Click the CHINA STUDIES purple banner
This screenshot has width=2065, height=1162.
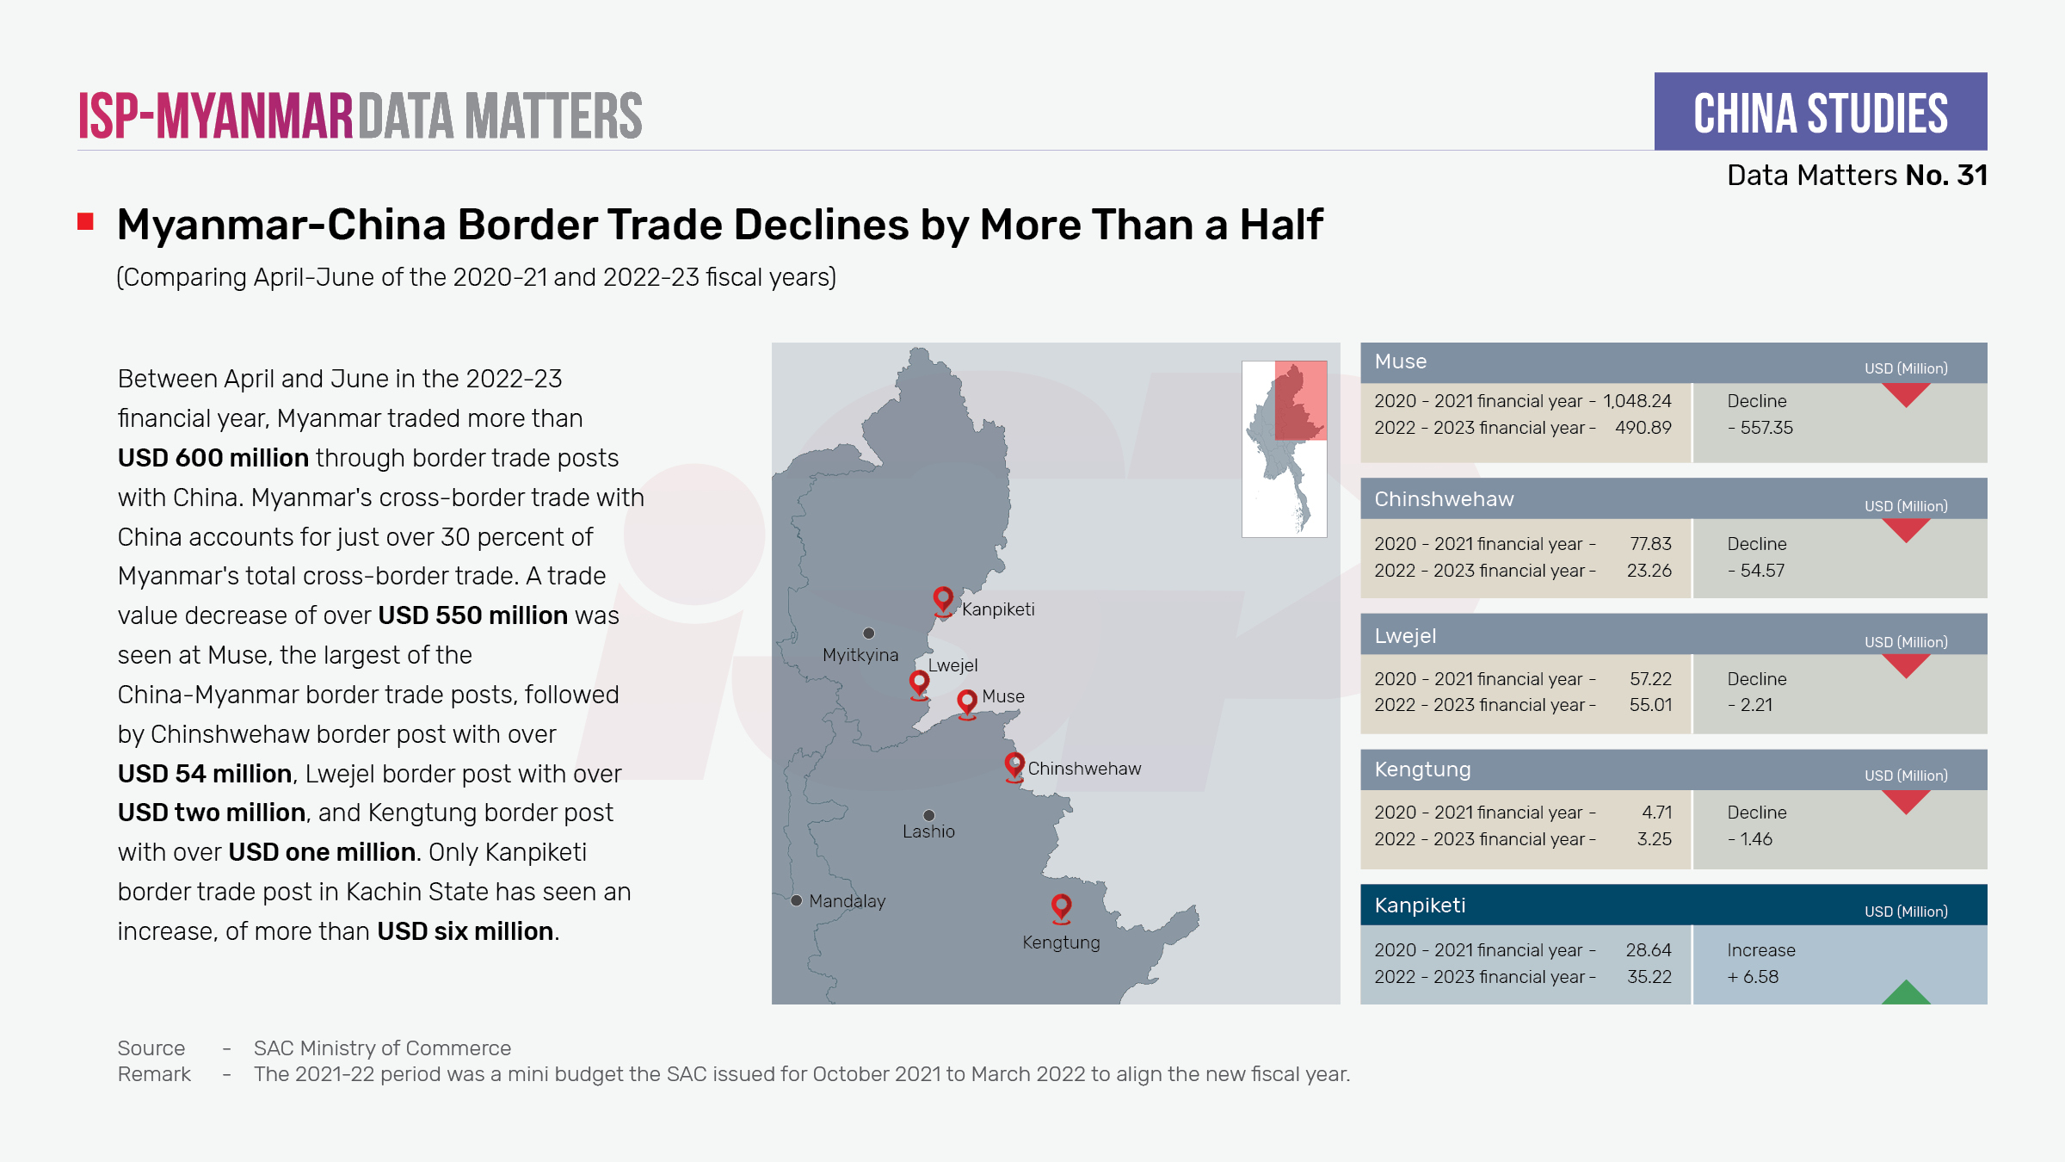1820,112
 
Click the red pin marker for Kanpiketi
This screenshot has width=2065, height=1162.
943,599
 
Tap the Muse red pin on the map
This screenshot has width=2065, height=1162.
967,702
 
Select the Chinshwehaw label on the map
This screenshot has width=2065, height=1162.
1084,769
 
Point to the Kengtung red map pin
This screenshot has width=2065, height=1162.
1061,906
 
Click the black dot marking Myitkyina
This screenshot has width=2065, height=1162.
869,634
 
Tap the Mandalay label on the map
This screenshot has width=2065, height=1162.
847,901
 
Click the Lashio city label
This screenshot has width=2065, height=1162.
928,831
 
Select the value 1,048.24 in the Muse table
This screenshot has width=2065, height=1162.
1637,401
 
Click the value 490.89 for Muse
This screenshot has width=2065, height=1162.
1643,428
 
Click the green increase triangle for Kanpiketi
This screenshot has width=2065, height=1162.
1906,993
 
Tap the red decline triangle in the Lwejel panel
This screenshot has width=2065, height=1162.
1906,665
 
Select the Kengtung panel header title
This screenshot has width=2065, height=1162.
1422,770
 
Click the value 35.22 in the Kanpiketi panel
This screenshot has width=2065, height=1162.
1649,977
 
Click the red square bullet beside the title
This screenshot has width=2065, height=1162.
85,222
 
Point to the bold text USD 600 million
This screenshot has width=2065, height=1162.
213,458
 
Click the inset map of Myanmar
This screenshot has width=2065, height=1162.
1284,448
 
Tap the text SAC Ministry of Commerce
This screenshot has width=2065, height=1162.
382,1048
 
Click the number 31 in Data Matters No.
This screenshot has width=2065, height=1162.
1971,176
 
